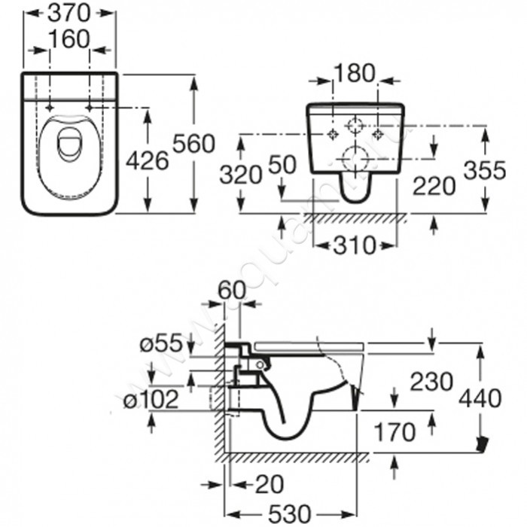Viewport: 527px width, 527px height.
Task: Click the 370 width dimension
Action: pos(69,14)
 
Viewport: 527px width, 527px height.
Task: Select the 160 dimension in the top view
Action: pos(69,39)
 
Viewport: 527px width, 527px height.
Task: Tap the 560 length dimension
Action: pos(193,144)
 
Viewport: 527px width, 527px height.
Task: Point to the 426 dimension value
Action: pos(148,160)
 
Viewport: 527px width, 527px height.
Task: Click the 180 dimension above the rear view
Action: pos(355,73)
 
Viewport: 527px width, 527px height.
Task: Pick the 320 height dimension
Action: pos(241,175)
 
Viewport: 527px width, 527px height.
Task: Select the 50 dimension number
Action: pos(282,165)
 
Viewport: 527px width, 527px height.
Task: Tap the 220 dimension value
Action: pos(434,186)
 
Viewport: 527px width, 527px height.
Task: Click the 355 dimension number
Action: pos(485,170)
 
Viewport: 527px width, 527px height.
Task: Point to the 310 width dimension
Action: pos(355,245)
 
